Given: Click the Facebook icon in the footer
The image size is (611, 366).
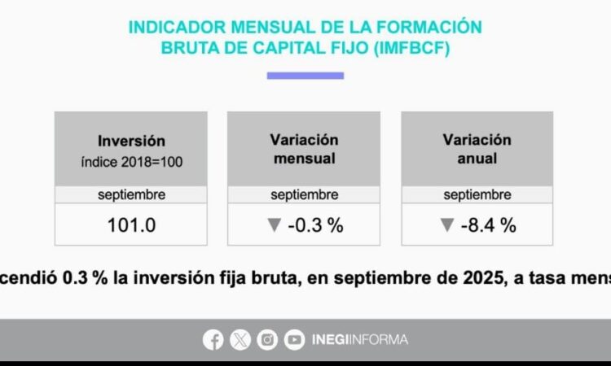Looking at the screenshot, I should pyautogui.click(x=213, y=340).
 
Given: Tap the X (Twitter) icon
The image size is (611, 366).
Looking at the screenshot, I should pyautogui.click(x=240, y=340).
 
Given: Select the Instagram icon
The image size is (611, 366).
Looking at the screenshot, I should pyautogui.click(x=267, y=340).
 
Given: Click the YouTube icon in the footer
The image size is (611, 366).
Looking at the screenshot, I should pyautogui.click(x=294, y=340).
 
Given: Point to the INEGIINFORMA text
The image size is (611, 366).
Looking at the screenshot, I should pyautogui.click(x=359, y=340).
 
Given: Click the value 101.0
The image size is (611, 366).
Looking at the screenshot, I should pyautogui.click(x=131, y=225).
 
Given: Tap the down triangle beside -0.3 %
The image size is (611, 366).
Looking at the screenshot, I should pyautogui.click(x=274, y=225).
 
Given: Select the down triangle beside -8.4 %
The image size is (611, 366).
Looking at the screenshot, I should pyautogui.click(x=446, y=225).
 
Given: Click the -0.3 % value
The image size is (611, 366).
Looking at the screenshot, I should pyautogui.click(x=315, y=225).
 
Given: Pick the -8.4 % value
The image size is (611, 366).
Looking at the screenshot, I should pyautogui.click(x=488, y=225).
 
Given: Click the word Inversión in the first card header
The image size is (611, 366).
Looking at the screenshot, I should pyautogui.click(x=131, y=141).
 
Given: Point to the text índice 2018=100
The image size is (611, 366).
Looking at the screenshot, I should pyautogui.click(x=131, y=161).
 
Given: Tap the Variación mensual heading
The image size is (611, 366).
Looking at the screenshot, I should pyautogui.click(x=304, y=150).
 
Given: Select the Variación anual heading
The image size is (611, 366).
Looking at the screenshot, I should pyautogui.click(x=477, y=150).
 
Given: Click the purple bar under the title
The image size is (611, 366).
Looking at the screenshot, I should pyautogui.click(x=305, y=76).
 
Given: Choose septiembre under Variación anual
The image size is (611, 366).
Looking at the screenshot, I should pyautogui.click(x=477, y=195).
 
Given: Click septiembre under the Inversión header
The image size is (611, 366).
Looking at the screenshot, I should pyautogui.click(x=131, y=195).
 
